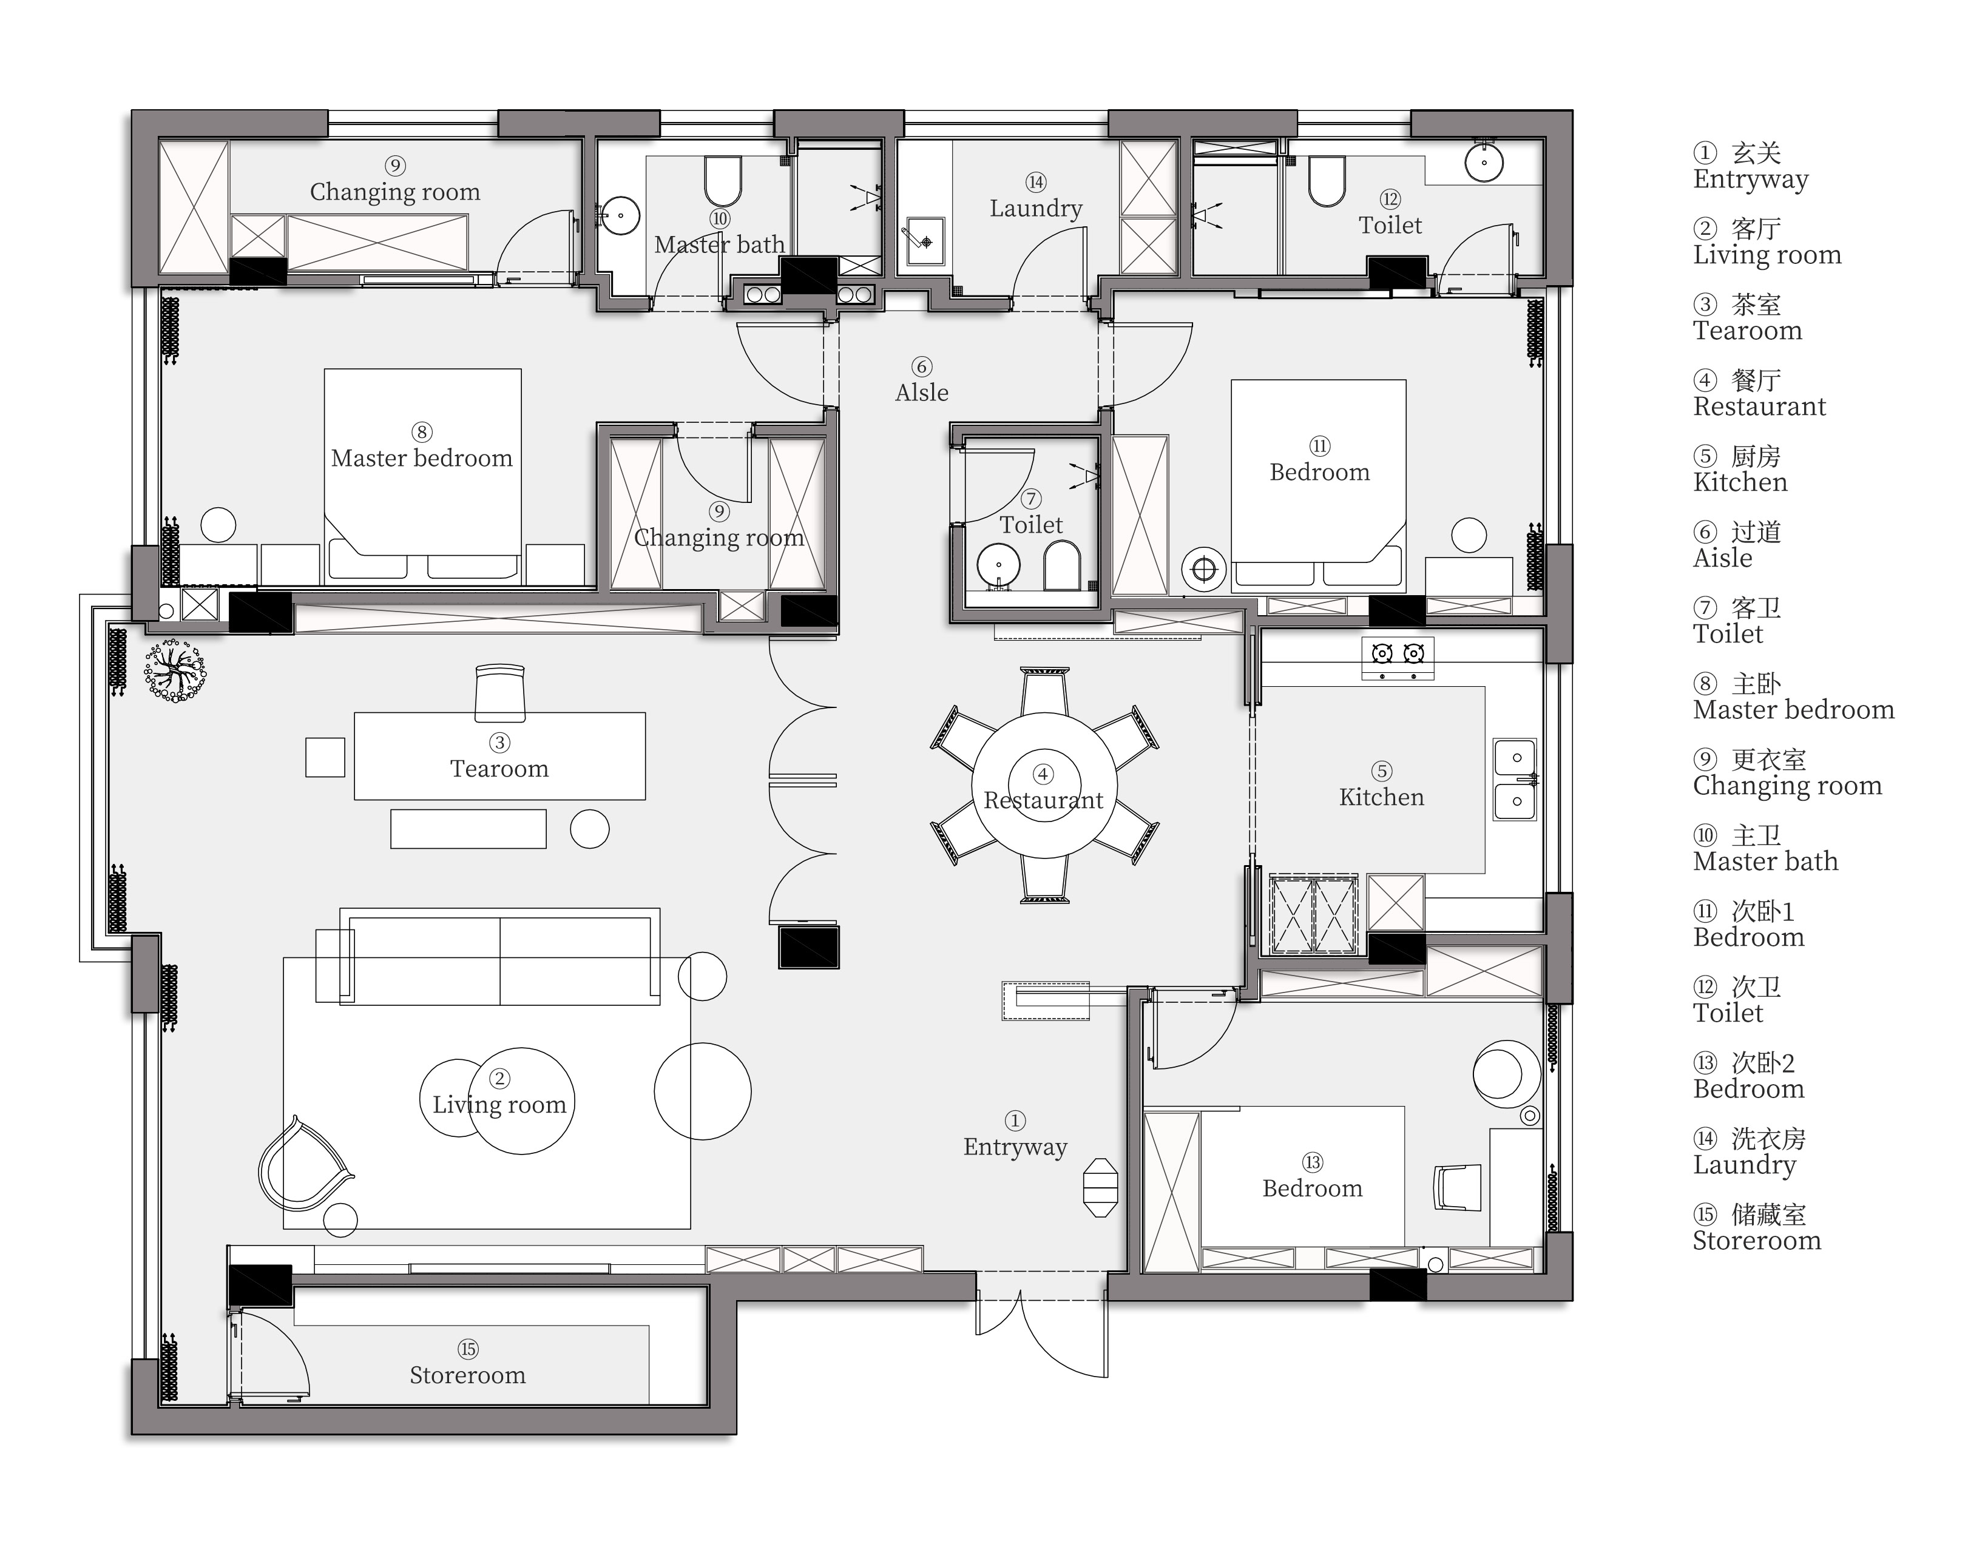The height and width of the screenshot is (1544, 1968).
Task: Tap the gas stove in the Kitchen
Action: coord(1398,658)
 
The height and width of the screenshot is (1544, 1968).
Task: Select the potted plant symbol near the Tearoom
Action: coord(175,672)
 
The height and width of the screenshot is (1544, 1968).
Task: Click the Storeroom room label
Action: coord(467,1375)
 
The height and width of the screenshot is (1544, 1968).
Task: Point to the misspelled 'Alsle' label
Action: coord(922,393)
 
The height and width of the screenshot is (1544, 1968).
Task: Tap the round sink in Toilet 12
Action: coord(1484,163)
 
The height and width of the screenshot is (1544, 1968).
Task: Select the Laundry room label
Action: coord(1036,208)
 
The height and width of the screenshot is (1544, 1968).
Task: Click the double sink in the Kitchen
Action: coord(1515,779)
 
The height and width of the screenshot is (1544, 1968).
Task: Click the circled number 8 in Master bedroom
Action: coord(421,432)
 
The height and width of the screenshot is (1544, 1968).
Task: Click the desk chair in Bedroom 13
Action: coord(1457,1186)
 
